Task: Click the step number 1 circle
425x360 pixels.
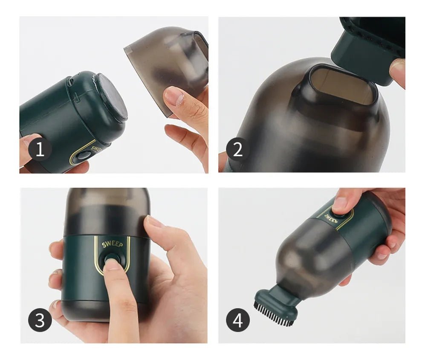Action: (40, 149)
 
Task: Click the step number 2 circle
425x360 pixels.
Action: (238, 149)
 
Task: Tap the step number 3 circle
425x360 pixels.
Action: (40, 320)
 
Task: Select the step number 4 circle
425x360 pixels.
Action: (238, 320)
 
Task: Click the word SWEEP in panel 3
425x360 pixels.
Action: (112, 244)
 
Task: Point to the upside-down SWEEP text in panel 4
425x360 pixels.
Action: (328, 217)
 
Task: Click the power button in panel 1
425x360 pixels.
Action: (84, 157)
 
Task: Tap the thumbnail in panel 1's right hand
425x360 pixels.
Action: (173, 96)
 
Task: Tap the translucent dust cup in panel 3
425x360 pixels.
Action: (107, 212)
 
